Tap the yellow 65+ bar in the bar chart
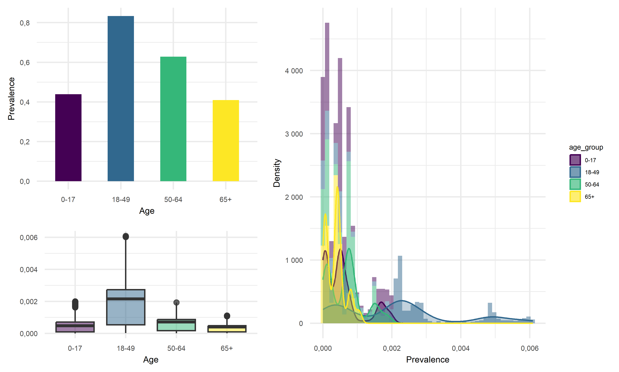click(x=226, y=140)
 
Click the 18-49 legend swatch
click(x=575, y=172)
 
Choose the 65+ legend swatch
click(x=575, y=197)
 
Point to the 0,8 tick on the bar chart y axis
click(x=25, y=23)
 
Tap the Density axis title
click(x=276, y=173)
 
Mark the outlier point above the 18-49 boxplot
click(x=126, y=236)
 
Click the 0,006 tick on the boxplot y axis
click(x=29, y=237)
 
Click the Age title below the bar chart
click(x=147, y=211)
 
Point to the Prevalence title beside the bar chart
click(x=11, y=99)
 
